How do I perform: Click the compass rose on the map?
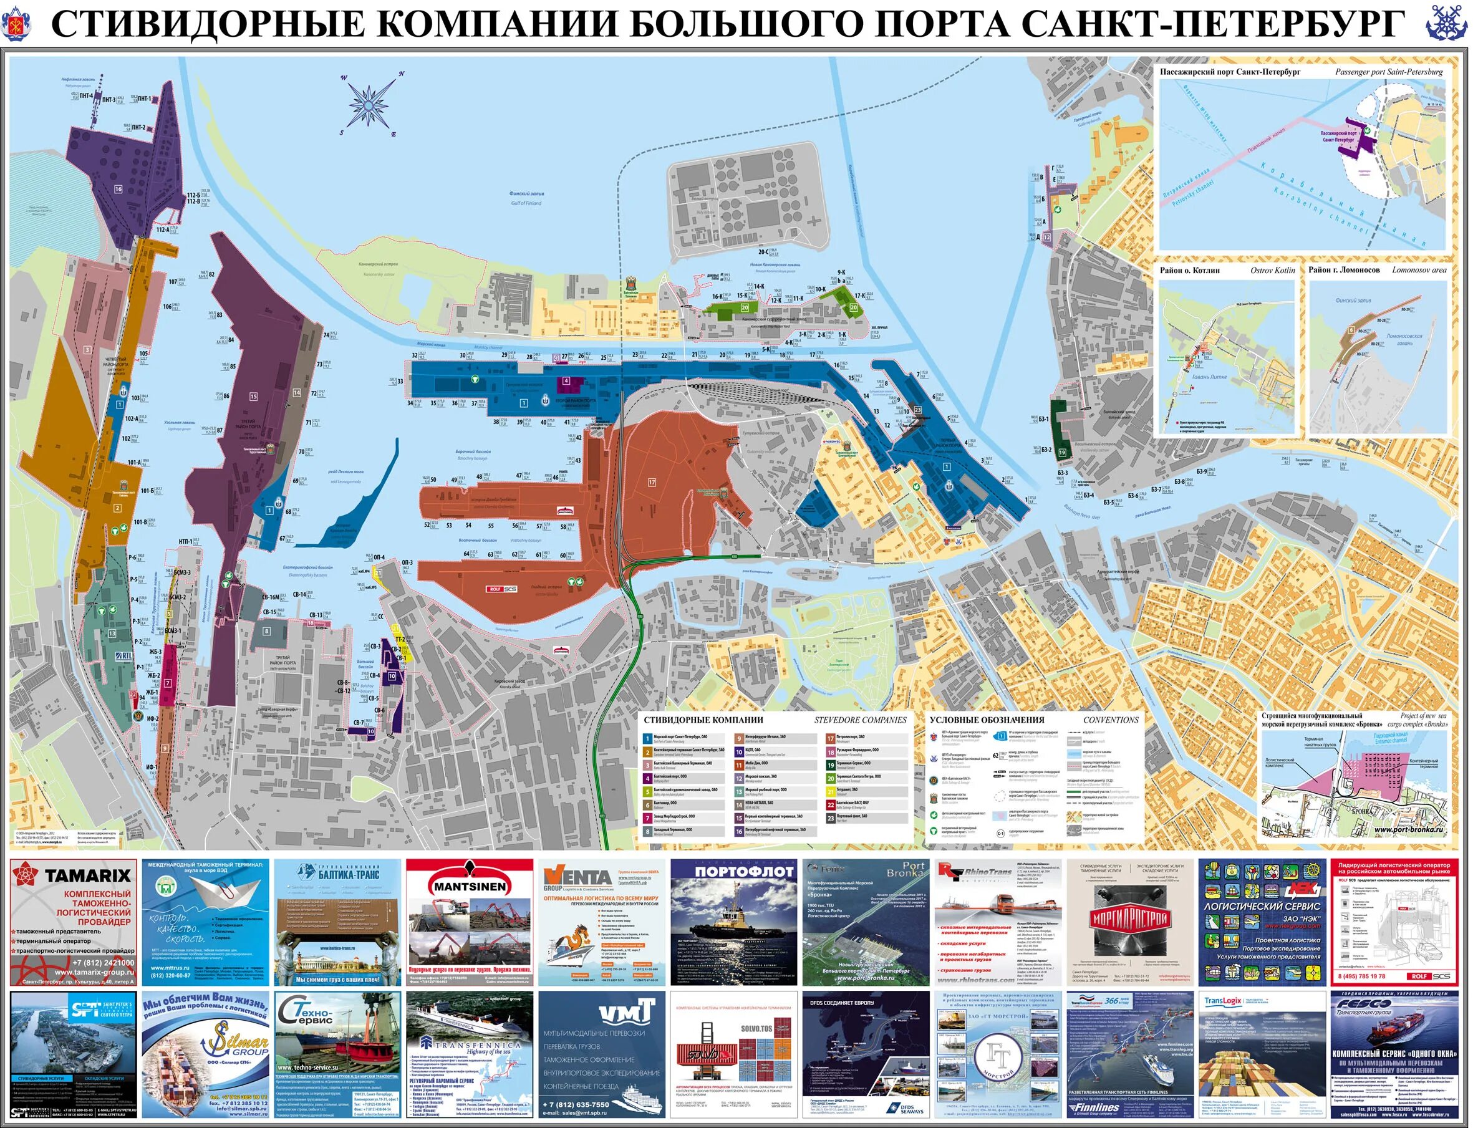click(370, 104)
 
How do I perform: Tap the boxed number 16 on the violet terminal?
click(118, 190)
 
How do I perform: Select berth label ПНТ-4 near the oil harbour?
click(85, 96)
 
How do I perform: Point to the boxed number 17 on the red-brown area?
click(651, 482)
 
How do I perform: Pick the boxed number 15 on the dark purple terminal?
click(253, 397)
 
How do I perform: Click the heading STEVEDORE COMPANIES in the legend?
click(860, 720)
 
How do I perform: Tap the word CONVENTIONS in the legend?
click(1111, 720)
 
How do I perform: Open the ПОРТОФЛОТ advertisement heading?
click(735, 872)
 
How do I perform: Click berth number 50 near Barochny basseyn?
click(433, 480)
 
